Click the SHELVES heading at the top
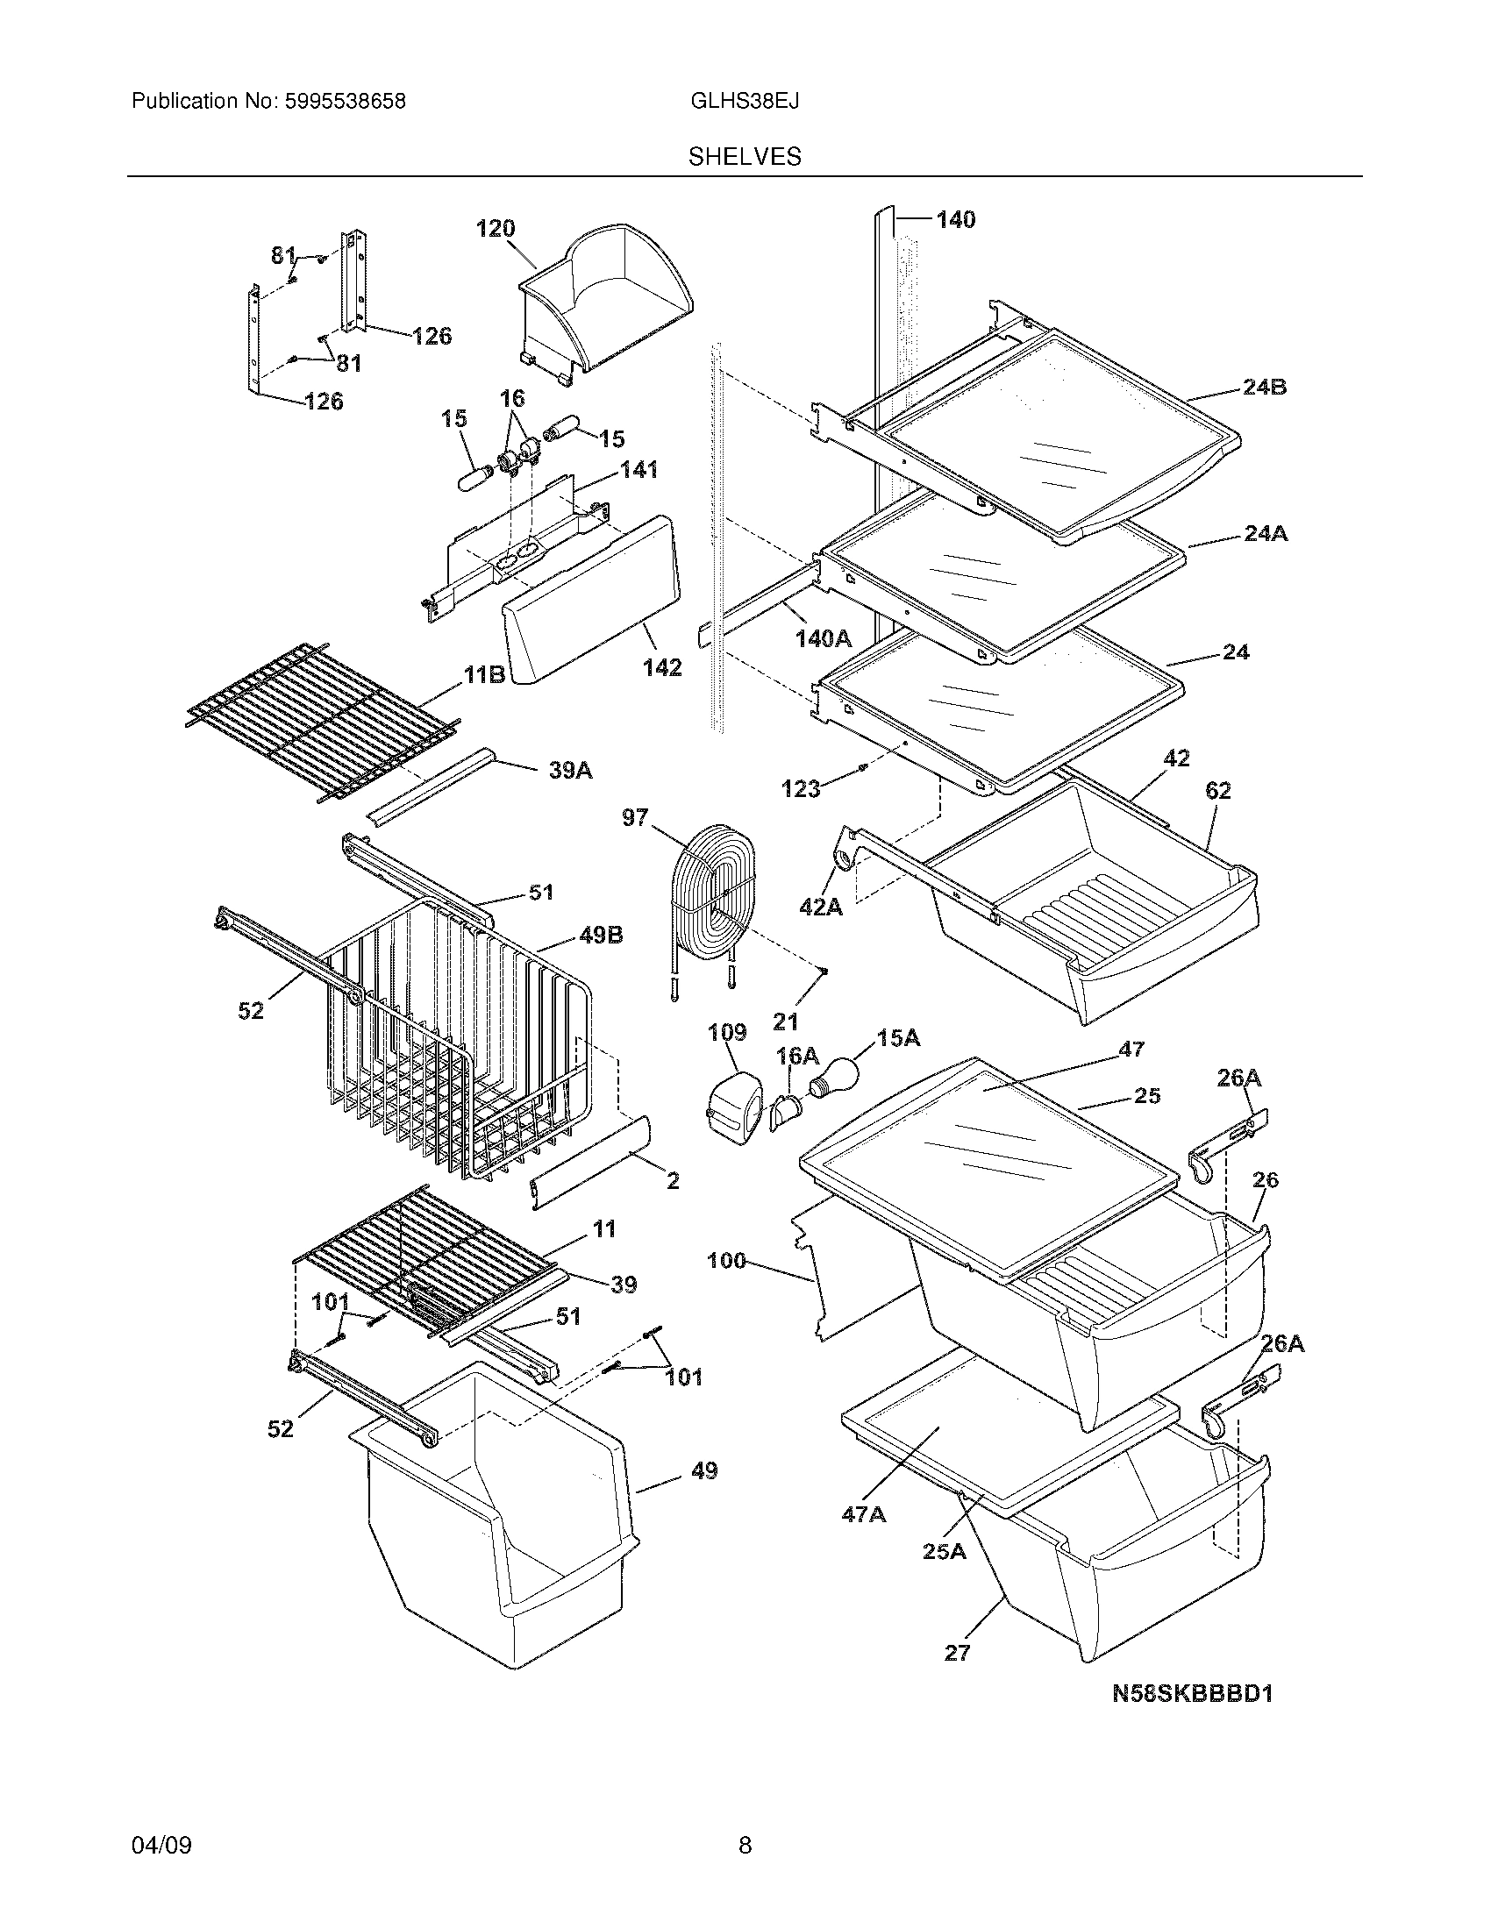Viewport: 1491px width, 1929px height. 745,157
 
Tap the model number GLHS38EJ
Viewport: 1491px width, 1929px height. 745,102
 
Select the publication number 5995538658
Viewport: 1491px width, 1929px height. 345,102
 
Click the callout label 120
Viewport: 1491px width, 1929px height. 496,229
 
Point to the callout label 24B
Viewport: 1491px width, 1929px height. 1264,387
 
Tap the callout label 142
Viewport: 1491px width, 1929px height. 662,668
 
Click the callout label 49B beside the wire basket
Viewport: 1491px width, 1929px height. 602,935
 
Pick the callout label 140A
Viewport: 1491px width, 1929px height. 823,638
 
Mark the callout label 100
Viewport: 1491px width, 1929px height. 726,1261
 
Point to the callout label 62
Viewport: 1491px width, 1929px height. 1217,791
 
